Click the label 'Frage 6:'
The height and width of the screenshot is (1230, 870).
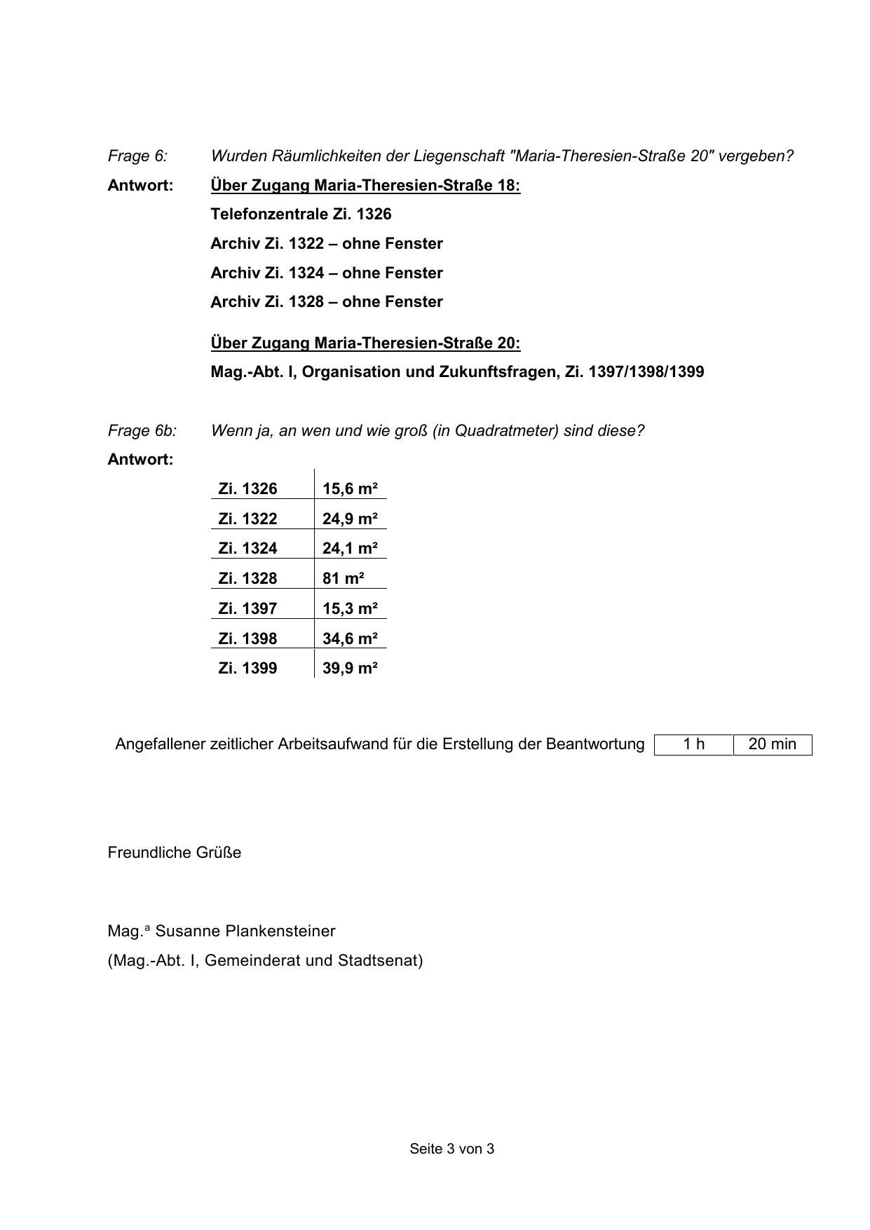pyautogui.click(x=137, y=156)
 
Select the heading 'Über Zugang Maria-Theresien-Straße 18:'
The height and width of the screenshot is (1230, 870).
pyautogui.click(x=365, y=185)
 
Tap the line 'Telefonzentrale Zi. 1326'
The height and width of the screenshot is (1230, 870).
pyautogui.click(x=301, y=214)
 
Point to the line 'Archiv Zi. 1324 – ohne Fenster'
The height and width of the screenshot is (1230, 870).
pyautogui.click(x=327, y=273)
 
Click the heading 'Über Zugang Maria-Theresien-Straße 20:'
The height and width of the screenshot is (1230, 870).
pyautogui.click(x=365, y=343)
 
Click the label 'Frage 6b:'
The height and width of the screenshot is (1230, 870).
pyautogui.click(x=142, y=430)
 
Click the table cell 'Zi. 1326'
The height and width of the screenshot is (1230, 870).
pyautogui.click(x=247, y=488)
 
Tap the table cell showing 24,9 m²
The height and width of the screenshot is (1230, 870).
pyautogui.click(x=350, y=519)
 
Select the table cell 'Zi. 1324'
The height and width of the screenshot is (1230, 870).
pyautogui.click(x=247, y=548)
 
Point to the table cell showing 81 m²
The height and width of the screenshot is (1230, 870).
pyautogui.click(x=344, y=578)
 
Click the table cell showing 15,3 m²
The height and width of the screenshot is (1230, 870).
pyautogui.click(x=350, y=608)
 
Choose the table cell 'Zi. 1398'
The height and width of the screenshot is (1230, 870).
pyautogui.click(x=247, y=638)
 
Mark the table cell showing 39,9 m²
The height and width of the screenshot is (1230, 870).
pyautogui.click(x=350, y=668)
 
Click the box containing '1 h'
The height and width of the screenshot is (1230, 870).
pyautogui.click(x=693, y=744)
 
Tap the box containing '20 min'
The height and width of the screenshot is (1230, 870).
pyautogui.click(x=772, y=744)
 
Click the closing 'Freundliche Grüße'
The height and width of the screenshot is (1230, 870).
pyautogui.click(x=175, y=852)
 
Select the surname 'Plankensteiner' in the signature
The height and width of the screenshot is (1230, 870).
pyautogui.click(x=280, y=931)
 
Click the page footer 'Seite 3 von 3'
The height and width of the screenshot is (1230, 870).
pyautogui.click(x=452, y=1149)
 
